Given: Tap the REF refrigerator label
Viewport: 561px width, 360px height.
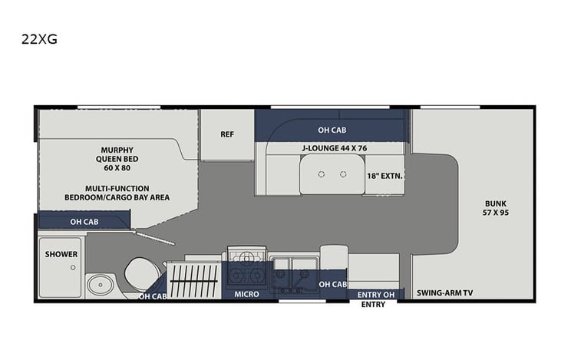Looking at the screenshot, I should click(x=227, y=134).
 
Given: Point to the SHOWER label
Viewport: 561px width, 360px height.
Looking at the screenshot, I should click(x=61, y=254).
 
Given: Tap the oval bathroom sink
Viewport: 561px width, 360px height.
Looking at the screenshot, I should click(x=99, y=285).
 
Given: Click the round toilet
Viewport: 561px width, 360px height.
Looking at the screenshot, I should click(x=141, y=272).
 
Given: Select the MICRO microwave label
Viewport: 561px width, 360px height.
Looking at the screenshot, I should click(x=246, y=294).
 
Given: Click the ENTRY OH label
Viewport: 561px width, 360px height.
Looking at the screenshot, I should click(x=375, y=293).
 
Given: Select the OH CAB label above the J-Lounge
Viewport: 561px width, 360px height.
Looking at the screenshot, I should click(x=331, y=130).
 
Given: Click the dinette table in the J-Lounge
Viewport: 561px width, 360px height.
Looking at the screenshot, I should click(x=331, y=174).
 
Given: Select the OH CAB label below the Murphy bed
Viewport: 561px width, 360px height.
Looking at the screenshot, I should click(x=85, y=223).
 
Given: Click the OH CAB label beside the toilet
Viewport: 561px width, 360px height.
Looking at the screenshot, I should click(x=153, y=296).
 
